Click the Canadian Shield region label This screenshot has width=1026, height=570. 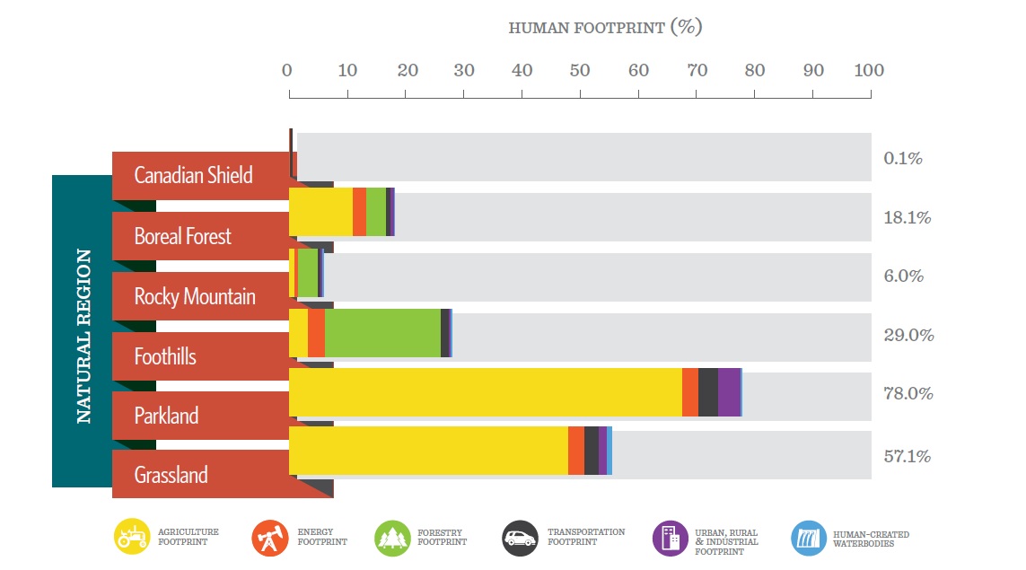(193, 175)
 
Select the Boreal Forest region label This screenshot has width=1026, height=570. (183, 236)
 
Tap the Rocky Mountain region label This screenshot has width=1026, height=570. (195, 296)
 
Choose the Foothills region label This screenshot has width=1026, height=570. (165, 356)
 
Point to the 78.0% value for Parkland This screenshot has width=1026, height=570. (908, 393)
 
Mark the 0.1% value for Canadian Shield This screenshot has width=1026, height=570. (903, 158)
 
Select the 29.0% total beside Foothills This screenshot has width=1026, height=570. (908, 335)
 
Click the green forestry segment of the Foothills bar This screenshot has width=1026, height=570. (382, 333)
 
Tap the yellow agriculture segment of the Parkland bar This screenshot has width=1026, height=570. (485, 392)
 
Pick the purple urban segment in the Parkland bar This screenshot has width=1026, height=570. (729, 392)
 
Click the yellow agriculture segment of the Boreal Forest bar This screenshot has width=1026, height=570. (320, 212)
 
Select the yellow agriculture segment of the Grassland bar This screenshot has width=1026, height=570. (428, 451)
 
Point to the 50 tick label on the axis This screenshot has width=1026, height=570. (580, 71)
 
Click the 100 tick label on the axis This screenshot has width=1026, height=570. (868, 71)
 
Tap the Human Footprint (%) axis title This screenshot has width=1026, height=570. (605, 27)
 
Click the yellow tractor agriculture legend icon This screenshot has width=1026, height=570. (132, 537)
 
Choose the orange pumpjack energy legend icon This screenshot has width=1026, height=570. (268, 538)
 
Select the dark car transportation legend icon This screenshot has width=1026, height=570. (521, 538)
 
